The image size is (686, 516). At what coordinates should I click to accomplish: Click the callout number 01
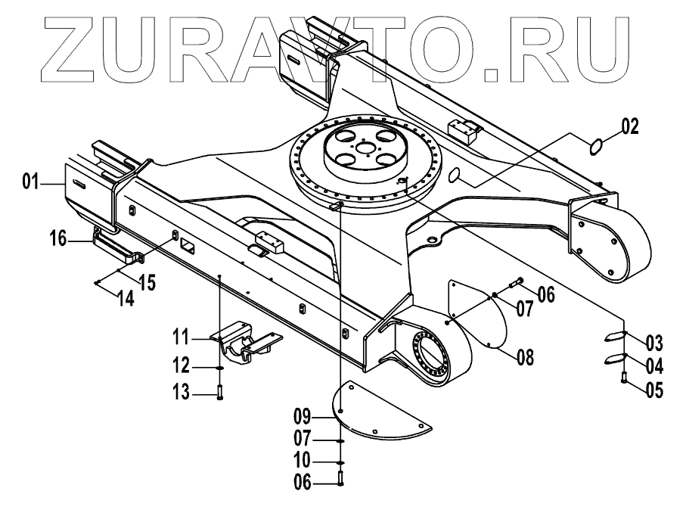click(x=30, y=181)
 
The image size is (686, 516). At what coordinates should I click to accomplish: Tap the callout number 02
click(x=630, y=126)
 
